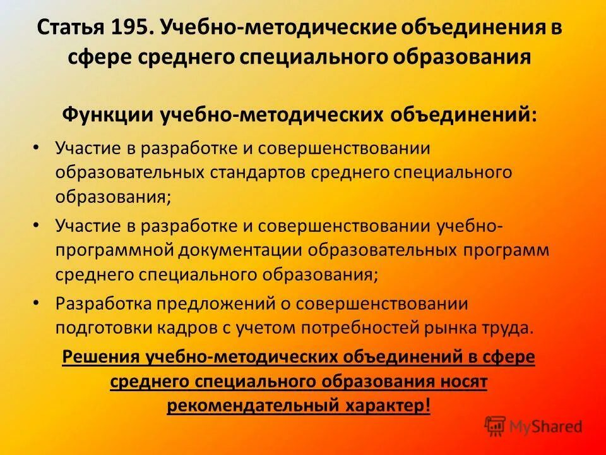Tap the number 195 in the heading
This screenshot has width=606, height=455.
click(133, 28)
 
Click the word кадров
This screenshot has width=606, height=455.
click(173, 329)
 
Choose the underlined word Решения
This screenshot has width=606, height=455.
click(102, 358)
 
